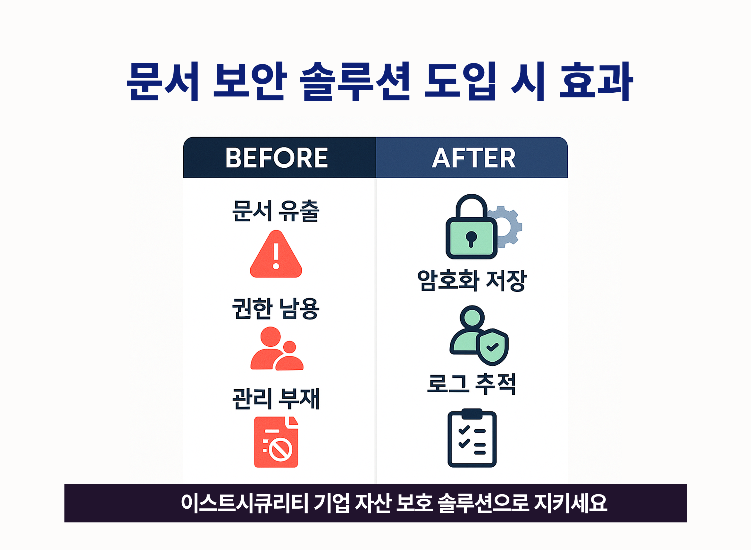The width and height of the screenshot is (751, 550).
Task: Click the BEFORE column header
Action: point(277,157)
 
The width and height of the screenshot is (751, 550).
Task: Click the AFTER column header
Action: point(473,157)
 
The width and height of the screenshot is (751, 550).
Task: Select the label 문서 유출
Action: point(276,211)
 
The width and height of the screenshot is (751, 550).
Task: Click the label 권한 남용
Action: point(276,308)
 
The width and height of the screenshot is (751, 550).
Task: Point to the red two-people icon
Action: point(277,349)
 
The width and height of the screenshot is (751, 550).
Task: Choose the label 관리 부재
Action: point(276,399)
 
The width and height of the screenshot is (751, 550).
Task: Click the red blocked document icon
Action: point(276,442)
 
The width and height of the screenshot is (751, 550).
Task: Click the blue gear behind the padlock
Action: point(509,226)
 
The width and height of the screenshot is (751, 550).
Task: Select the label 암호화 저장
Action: point(472,280)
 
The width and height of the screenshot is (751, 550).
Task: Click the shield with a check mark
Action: point(492,347)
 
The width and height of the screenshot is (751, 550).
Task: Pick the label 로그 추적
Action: point(471,384)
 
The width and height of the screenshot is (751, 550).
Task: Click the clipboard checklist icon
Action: point(472,439)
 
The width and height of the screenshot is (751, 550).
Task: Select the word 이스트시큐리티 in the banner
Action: point(245,503)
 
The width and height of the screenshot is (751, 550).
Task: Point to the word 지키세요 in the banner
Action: point(570,503)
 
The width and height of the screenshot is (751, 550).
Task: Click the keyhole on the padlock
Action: point(471,238)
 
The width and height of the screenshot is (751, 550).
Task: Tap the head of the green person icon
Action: point(472,317)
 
